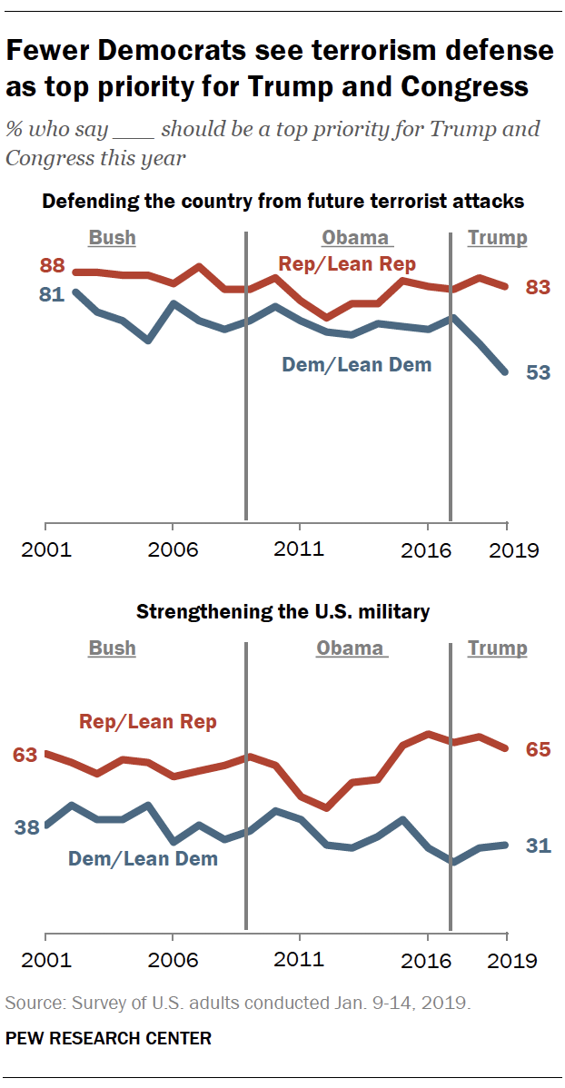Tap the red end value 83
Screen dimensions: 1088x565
pyautogui.click(x=539, y=287)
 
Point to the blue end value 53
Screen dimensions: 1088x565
pyautogui.click(x=539, y=372)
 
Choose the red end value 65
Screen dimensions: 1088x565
pyautogui.click(x=539, y=749)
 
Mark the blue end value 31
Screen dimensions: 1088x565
pyautogui.click(x=539, y=846)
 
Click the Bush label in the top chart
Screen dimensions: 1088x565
pyautogui.click(x=112, y=238)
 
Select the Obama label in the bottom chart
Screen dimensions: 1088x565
pyautogui.click(x=351, y=648)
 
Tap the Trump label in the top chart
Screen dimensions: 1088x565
pyautogui.click(x=497, y=238)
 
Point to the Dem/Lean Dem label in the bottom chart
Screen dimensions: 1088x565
pyautogui.click(x=144, y=857)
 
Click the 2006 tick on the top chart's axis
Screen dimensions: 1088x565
pyautogui.click(x=173, y=550)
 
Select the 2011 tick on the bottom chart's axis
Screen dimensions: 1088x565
pyautogui.click(x=301, y=960)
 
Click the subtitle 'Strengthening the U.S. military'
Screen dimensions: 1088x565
pyautogui.click(x=282, y=612)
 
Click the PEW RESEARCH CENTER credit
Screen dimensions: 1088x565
pyautogui.click(x=108, y=1038)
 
